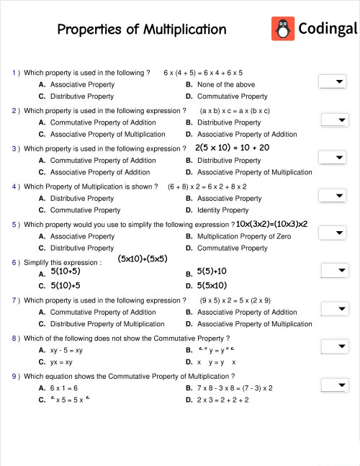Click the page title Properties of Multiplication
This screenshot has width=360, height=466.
point(142,30)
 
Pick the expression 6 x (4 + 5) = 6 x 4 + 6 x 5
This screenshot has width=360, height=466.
point(203,73)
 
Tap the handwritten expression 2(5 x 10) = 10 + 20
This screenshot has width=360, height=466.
point(232,147)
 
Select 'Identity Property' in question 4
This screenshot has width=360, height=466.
point(223,210)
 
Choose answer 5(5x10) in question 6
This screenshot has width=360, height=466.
point(212,285)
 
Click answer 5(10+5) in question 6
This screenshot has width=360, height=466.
point(66,272)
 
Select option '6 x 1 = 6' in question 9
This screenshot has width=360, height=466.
point(64,387)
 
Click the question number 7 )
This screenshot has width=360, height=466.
point(16,300)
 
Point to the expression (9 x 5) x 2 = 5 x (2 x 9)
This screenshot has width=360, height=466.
point(235,300)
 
